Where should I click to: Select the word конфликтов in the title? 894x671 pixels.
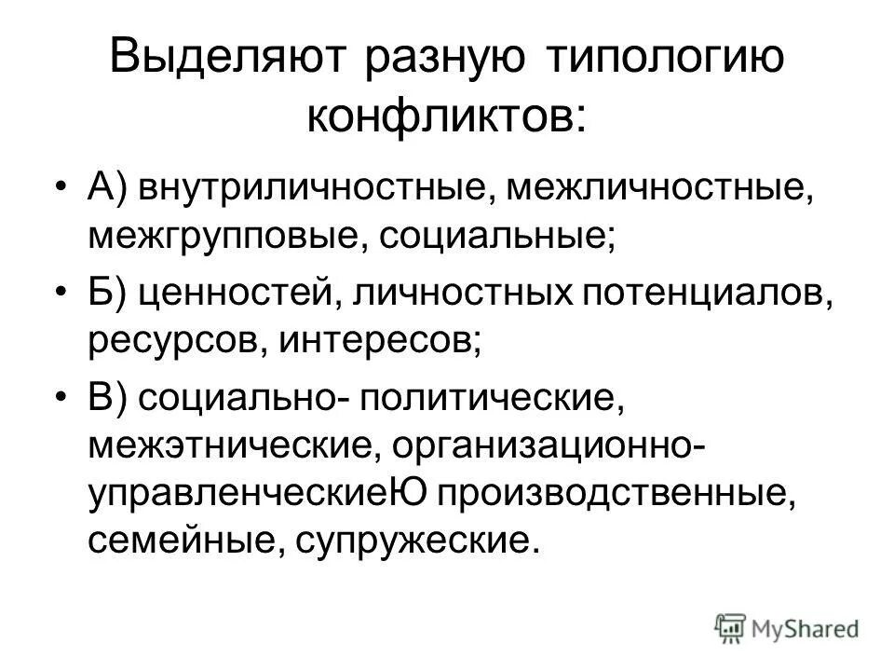point(441,116)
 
